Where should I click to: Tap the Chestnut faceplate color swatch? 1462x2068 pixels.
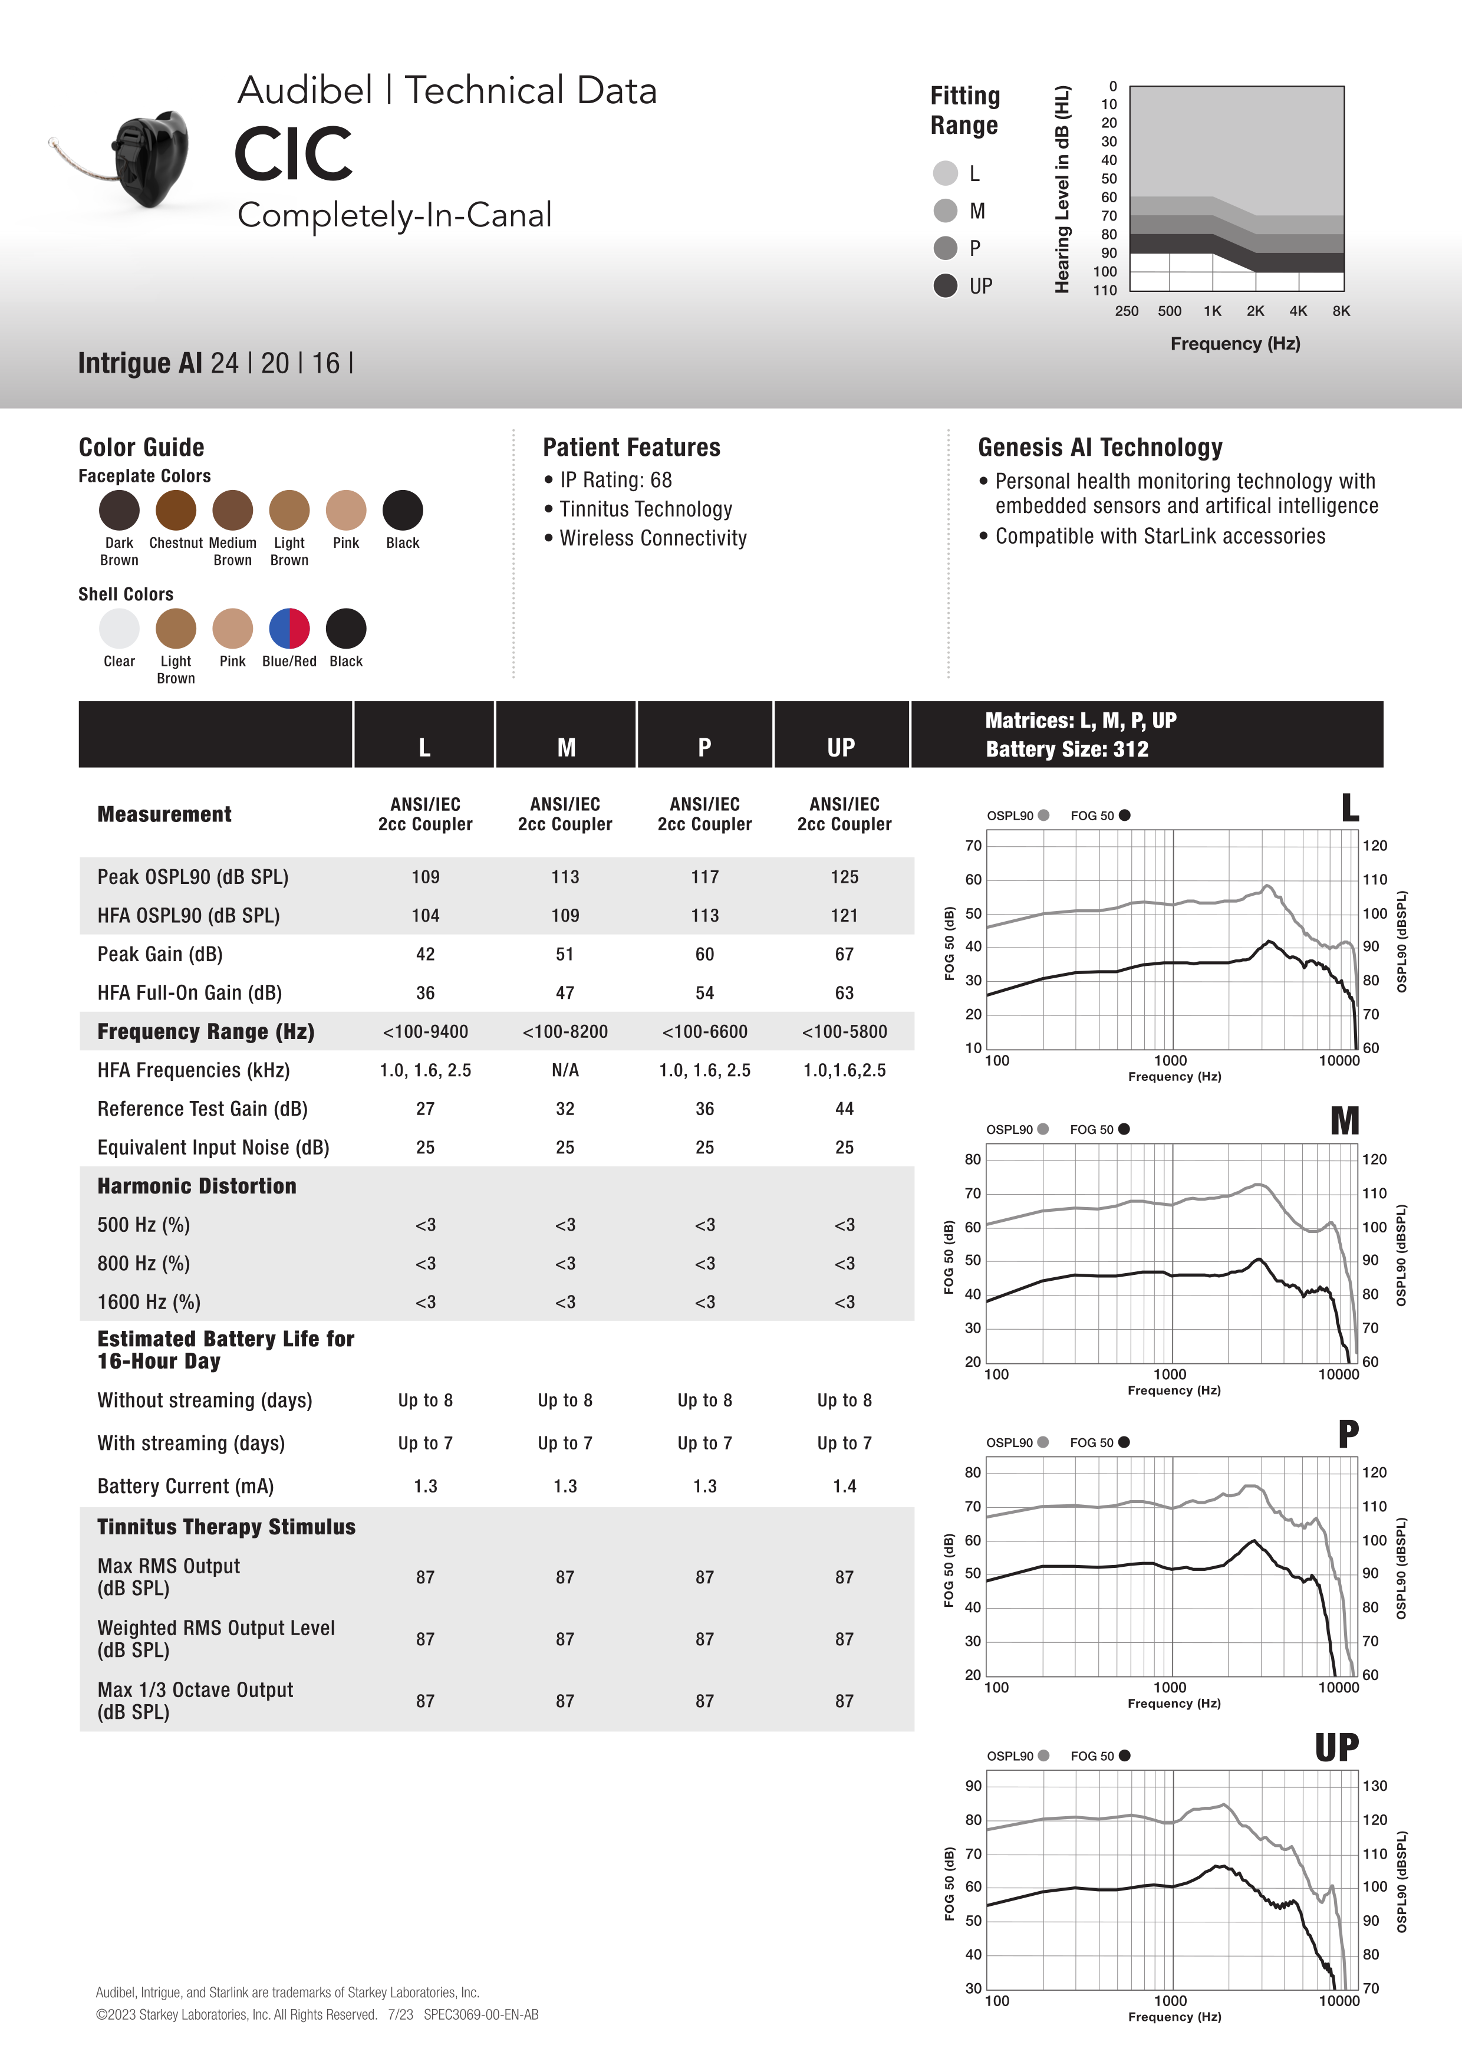click(176, 511)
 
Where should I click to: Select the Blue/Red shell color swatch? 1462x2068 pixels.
click(289, 629)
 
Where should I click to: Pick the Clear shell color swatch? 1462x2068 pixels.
click(119, 629)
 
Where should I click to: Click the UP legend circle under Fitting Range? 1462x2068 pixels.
click(945, 285)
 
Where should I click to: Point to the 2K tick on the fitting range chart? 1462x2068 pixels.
click(1255, 311)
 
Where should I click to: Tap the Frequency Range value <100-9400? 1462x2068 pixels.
click(425, 1031)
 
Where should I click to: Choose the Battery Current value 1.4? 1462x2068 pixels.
click(844, 1486)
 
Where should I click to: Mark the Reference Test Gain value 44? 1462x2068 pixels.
click(844, 1109)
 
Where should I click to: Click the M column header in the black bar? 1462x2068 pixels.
click(565, 748)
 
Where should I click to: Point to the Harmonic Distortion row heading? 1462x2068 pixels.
click(196, 1186)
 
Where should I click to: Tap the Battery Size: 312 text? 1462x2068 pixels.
click(1067, 749)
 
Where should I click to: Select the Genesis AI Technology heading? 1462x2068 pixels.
click(1100, 448)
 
